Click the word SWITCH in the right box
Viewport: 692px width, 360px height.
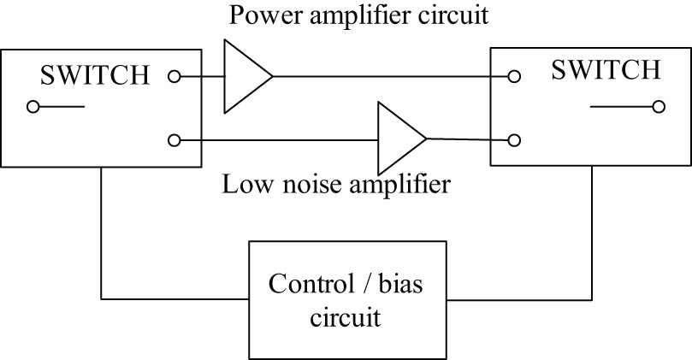(x=606, y=69)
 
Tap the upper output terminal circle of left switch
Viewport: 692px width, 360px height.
(x=174, y=76)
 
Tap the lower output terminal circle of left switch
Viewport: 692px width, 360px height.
(x=174, y=139)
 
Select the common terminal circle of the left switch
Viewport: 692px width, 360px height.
(x=33, y=107)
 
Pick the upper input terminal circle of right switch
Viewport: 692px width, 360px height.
(x=514, y=76)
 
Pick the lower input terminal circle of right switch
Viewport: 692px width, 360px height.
(x=514, y=140)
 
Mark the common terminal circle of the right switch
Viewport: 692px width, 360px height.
(x=657, y=107)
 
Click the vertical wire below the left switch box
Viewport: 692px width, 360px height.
(x=102, y=231)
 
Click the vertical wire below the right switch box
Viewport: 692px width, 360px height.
(x=592, y=231)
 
